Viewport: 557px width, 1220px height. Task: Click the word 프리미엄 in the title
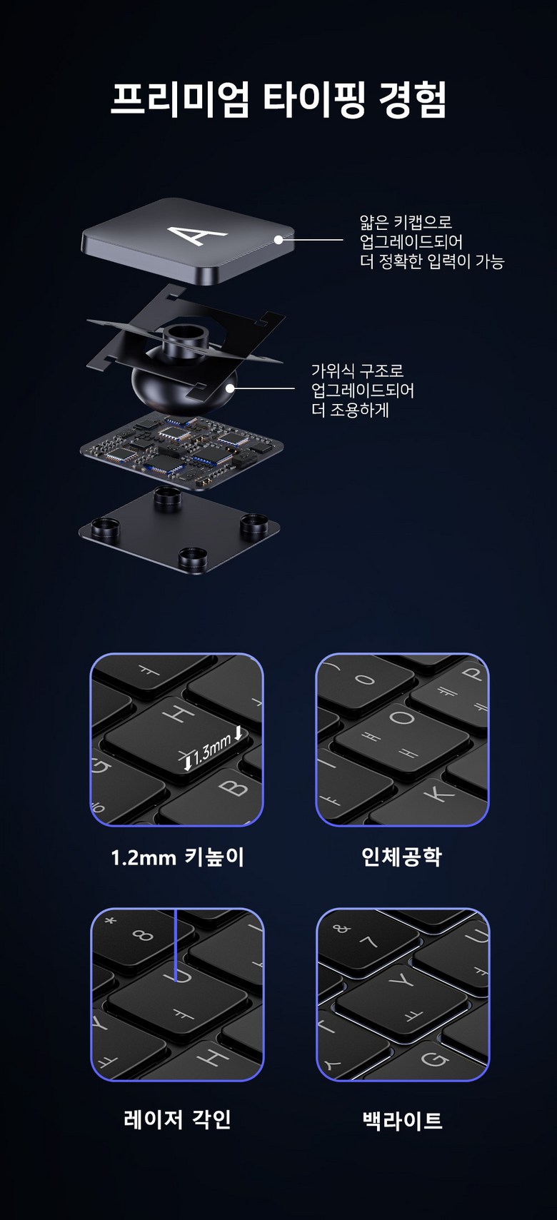point(181,99)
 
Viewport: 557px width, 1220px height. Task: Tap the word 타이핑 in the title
point(314,99)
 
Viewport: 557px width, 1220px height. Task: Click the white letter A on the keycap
point(197,234)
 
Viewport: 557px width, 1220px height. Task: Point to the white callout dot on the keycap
point(278,239)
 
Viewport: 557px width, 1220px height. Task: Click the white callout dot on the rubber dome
point(230,388)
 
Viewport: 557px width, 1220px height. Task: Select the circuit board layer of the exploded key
point(181,450)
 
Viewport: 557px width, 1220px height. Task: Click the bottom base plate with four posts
point(180,531)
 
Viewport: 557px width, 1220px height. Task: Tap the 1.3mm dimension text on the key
point(212,749)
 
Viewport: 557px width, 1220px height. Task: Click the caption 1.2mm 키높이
point(177,858)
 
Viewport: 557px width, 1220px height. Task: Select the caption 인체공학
point(401,857)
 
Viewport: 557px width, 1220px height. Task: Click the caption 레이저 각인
point(178,1119)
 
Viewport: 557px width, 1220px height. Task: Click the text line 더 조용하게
point(350,410)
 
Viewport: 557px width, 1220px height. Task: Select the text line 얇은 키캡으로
point(406,222)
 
